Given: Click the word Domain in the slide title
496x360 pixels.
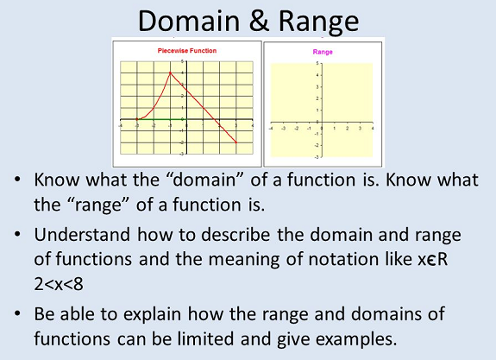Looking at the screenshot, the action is point(189,21).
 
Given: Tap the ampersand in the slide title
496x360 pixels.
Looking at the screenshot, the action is point(259,21).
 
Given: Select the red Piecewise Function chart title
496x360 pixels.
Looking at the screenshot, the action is point(187,51).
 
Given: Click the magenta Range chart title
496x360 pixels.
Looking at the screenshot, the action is point(323,52).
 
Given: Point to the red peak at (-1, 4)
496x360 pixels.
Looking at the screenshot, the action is point(170,73).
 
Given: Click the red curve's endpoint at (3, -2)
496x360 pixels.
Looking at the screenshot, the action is point(236,142).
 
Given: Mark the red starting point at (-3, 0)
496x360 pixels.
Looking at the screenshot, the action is point(137,119).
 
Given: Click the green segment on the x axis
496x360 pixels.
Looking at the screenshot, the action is point(161,119).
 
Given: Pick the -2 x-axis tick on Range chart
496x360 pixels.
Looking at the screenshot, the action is point(296,129).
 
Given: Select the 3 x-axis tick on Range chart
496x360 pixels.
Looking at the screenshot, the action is point(360,129).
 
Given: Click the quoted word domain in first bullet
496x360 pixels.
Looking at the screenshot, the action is point(205,180).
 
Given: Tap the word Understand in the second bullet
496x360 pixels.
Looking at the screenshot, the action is point(82,235).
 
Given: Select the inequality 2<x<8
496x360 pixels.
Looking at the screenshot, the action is point(59,284).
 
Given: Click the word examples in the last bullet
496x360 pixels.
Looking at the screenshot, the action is point(356,339).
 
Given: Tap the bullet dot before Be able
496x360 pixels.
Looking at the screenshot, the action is point(17,313).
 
